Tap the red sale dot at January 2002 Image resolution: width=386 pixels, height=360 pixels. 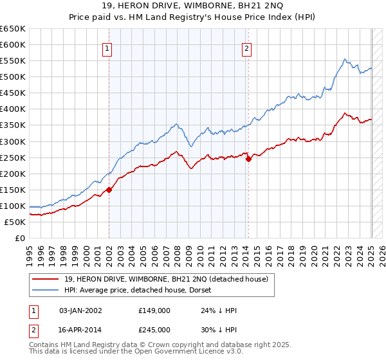click(x=109, y=190)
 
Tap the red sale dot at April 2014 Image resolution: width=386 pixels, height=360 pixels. click(x=249, y=159)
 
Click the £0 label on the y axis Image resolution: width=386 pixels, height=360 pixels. click(x=20, y=239)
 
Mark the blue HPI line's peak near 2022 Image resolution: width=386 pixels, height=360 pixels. click(x=345, y=59)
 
